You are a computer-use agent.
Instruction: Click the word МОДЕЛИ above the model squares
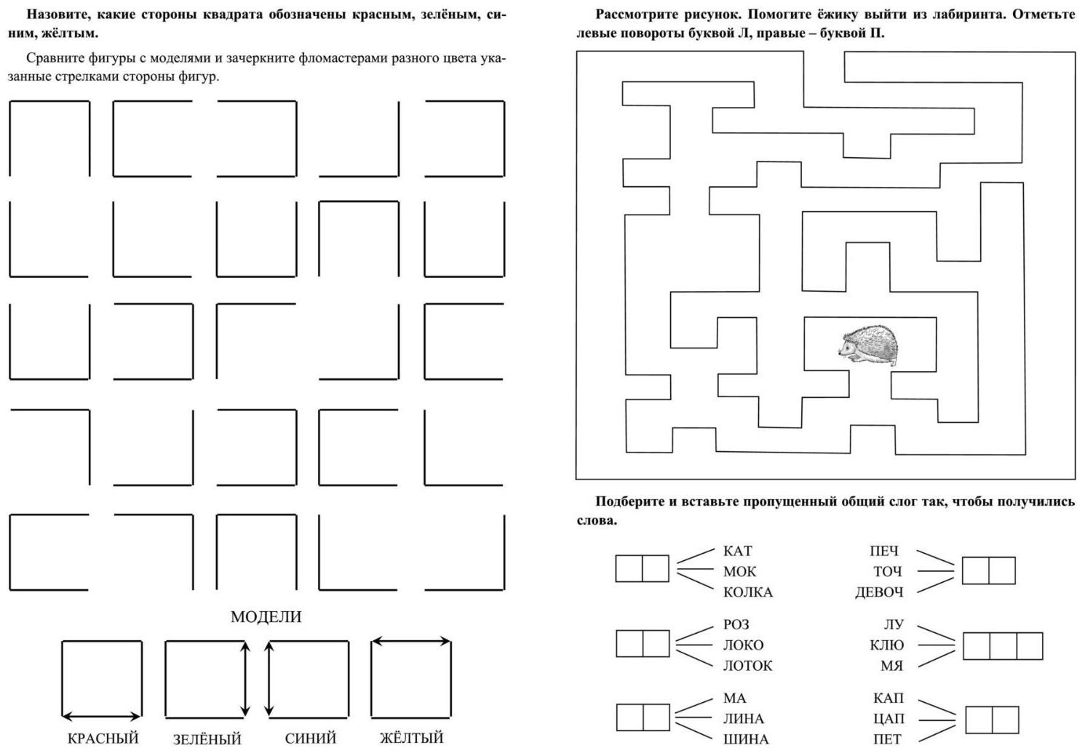[266, 617]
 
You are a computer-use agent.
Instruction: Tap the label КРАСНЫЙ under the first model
[103, 738]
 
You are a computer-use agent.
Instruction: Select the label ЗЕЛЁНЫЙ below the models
[207, 739]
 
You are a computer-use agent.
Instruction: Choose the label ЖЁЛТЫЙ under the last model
[411, 738]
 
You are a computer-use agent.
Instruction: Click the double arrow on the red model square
[101, 717]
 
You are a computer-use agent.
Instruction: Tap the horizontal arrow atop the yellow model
[411, 641]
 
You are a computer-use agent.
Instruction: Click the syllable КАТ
[738, 551]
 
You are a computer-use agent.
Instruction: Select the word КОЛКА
[747, 592]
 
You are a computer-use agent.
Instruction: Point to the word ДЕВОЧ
[879, 592]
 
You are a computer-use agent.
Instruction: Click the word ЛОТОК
[747, 665]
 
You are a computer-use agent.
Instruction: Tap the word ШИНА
[746, 739]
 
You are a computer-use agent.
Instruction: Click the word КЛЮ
[886, 645]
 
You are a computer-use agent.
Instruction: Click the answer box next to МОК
[642, 568]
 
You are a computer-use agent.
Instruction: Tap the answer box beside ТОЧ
[988, 570]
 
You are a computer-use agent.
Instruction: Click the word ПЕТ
[889, 739]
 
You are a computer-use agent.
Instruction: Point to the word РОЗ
[736, 624]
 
